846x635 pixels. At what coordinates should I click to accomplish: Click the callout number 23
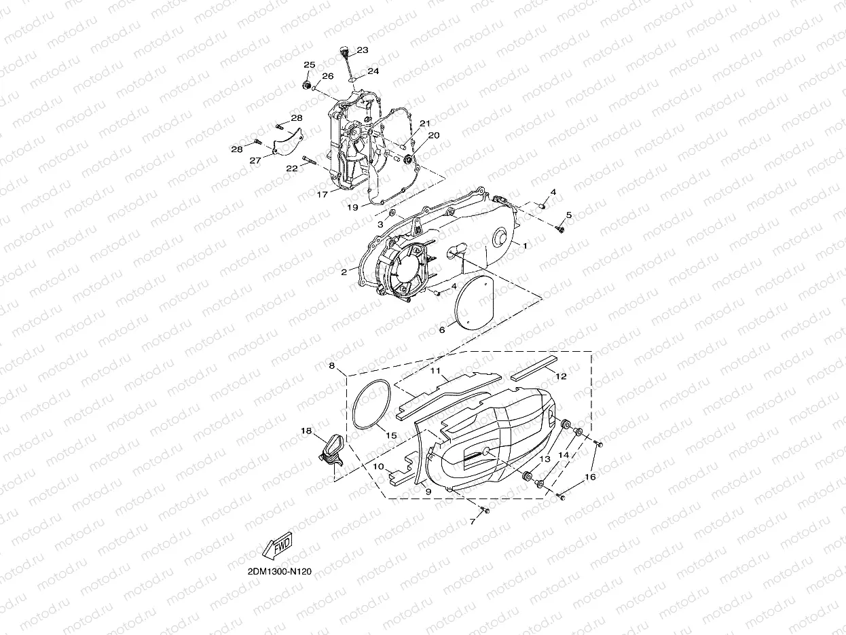coord(362,50)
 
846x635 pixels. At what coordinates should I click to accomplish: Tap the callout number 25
coord(310,65)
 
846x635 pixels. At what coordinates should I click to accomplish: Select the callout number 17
coord(323,194)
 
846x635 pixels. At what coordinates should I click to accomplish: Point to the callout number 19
coord(352,206)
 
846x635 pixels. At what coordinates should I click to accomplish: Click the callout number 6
coord(442,330)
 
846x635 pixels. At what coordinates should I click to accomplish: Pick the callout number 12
coord(561,376)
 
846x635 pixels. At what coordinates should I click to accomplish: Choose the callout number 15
coord(391,435)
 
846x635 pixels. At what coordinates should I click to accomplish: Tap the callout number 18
coord(306,431)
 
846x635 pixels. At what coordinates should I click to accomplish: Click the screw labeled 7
coord(485,509)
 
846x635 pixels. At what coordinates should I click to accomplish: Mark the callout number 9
coord(428,490)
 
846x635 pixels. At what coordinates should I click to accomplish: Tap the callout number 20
coord(434,135)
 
